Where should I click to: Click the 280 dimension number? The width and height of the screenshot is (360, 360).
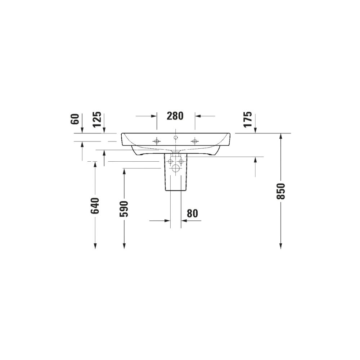[x=175, y=116]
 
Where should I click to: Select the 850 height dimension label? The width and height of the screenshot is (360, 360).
[x=281, y=191]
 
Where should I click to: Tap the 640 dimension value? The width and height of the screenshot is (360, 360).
[x=95, y=206]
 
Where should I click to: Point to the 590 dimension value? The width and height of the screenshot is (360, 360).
[x=124, y=209]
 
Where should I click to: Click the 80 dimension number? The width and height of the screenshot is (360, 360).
[x=192, y=213]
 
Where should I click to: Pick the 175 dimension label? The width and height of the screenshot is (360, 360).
[x=248, y=119]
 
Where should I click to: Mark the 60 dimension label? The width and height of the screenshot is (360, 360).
[x=75, y=119]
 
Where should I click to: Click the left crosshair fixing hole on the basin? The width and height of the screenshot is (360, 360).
[x=157, y=141]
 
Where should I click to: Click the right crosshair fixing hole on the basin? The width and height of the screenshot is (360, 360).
[x=195, y=141]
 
